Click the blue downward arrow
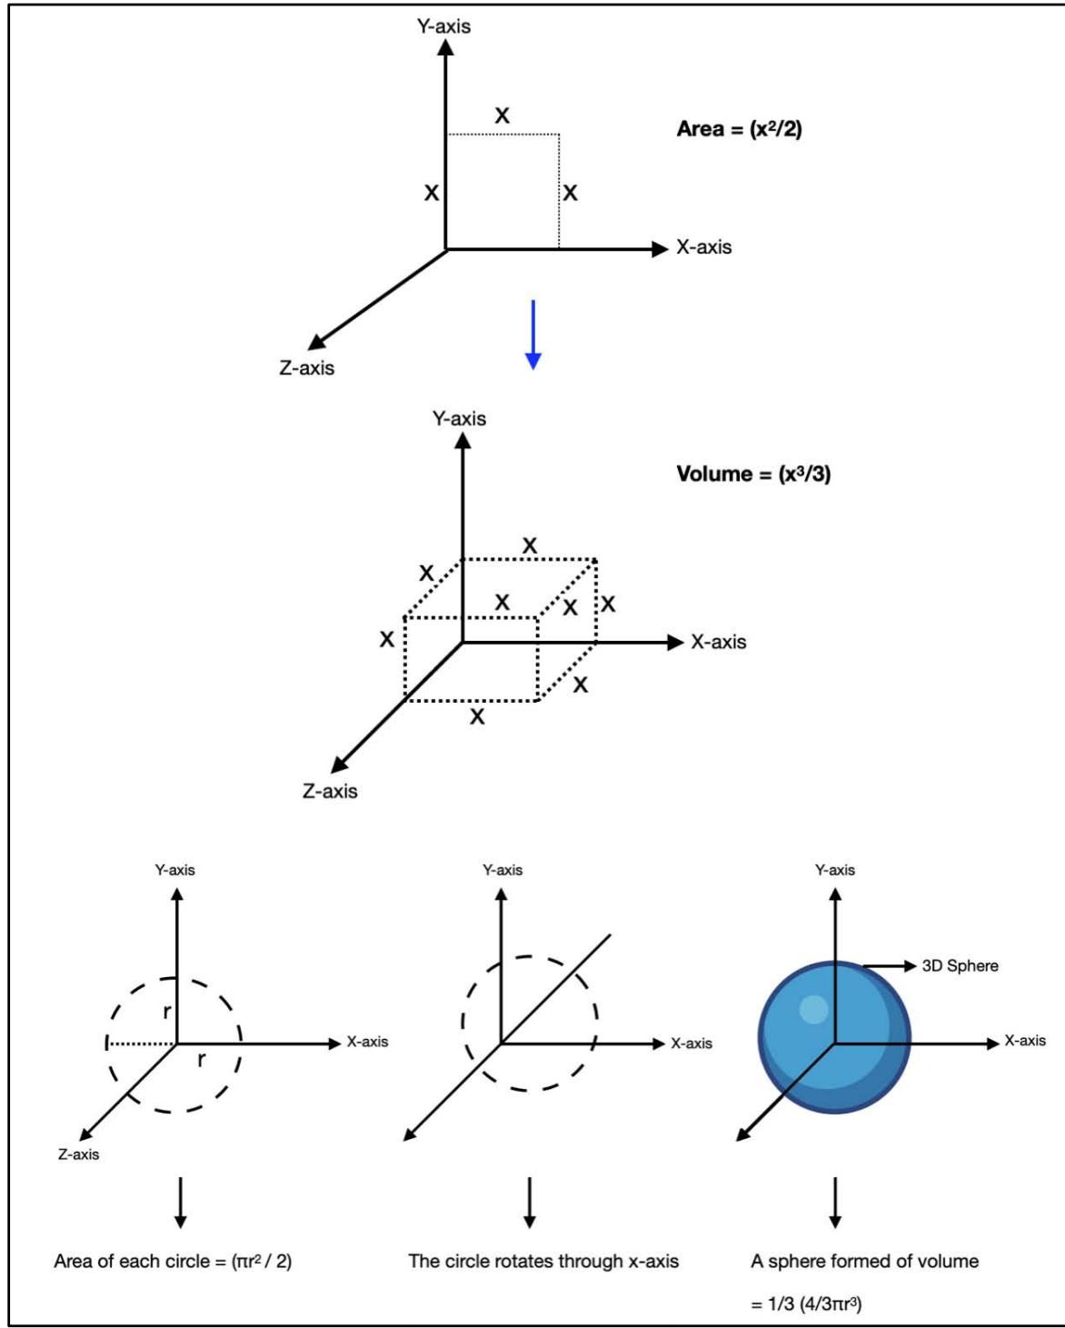pos(533,334)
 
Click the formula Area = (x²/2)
pos(739,129)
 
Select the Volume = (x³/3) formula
pos(753,474)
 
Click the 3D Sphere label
pos(960,966)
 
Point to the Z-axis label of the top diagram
pos(306,368)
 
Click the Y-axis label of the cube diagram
pos(459,419)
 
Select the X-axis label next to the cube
pos(718,642)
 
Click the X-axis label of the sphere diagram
pos(1025,1041)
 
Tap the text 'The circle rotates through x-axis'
pos(543,1262)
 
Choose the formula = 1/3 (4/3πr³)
pos(806,1304)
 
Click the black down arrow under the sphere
pos(835,1202)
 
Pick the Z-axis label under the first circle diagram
pos(78,1154)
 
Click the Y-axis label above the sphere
pos(834,870)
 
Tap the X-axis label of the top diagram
pos(703,247)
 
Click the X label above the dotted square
pos(502,115)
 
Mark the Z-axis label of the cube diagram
pos(330,791)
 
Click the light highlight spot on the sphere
pos(813,1010)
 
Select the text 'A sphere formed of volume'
pos(864,1262)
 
